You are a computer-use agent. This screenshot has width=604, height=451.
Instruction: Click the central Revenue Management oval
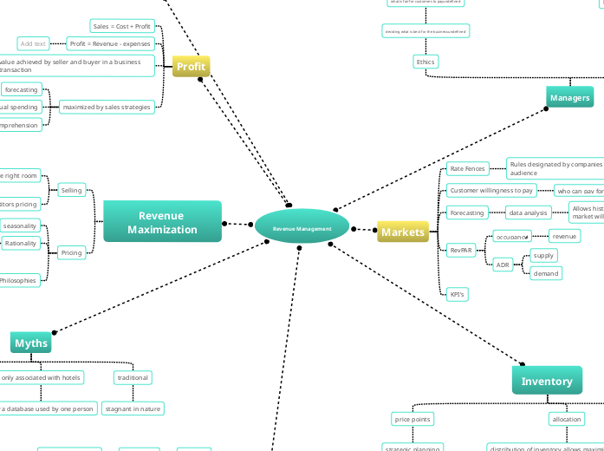tap(302, 228)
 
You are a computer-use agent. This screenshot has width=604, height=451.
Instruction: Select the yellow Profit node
tap(191, 66)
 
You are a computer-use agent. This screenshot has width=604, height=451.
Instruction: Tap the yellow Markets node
tap(403, 232)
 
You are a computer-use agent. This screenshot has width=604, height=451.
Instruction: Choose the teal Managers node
tap(569, 97)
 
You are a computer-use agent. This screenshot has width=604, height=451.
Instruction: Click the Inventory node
tap(547, 381)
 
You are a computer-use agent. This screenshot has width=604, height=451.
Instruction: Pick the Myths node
tap(31, 343)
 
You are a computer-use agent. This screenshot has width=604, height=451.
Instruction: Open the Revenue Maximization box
tap(162, 222)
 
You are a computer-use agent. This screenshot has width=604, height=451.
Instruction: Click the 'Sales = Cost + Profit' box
tap(121, 26)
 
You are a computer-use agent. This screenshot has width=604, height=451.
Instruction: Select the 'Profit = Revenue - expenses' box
tap(110, 43)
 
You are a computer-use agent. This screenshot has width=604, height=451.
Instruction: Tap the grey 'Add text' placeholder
tap(33, 43)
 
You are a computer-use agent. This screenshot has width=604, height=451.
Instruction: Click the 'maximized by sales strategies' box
tap(107, 108)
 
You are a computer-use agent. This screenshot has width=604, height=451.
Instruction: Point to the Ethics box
tap(425, 62)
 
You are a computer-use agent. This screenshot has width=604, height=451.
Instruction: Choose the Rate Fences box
tap(467, 168)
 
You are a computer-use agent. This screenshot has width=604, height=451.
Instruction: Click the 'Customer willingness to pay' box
tap(491, 190)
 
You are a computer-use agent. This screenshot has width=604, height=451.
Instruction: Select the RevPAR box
tap(461, 250)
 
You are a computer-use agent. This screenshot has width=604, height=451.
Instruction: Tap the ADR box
tap(503, 265)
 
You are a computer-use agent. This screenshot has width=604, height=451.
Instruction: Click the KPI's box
tap(458, 294)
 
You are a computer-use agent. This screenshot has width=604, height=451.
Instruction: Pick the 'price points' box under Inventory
tap(413, 419)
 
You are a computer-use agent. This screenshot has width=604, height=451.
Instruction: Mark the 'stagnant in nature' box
tap(133, 408)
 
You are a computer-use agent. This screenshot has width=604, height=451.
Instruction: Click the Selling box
tap(71, 190)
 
